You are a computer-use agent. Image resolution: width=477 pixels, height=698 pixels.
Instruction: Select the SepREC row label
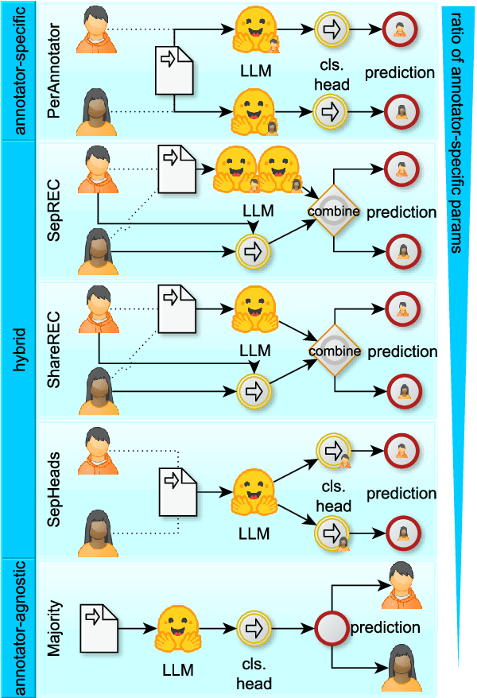click(54, 210)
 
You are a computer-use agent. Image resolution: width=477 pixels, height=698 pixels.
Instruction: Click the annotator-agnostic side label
click(17, 628)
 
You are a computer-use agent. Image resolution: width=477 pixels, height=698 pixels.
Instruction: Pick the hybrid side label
click(17, 350)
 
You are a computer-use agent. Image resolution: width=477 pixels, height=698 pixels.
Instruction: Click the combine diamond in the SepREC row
click(334, 211)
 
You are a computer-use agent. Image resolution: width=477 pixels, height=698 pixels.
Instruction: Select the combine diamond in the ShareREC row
click(334, 351)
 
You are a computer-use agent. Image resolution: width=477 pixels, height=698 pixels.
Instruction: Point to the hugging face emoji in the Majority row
click(176, 628)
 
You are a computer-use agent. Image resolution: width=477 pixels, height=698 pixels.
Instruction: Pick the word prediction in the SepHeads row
click(401, 494)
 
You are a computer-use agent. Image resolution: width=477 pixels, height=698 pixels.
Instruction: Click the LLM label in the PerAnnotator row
click(254, 71)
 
